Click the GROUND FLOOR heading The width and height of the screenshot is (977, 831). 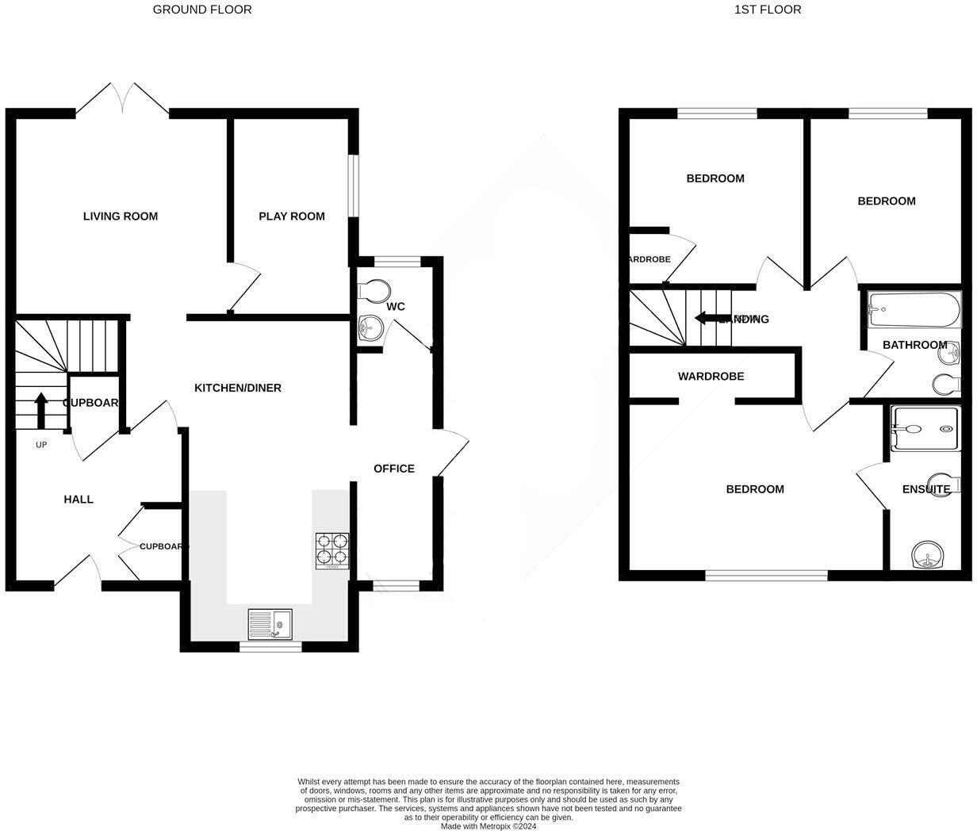[202, 10]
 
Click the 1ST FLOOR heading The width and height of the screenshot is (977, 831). [768, 10]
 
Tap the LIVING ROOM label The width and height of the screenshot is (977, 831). [121, 216]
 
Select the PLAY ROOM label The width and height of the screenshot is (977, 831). [292, 216]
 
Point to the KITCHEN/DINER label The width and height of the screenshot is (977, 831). [238, 388]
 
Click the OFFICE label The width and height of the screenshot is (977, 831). [394, 469]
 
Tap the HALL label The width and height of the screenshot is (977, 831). [79, 499]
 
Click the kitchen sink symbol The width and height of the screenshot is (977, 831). [270, 624]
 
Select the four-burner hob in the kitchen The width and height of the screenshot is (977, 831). [332, 550]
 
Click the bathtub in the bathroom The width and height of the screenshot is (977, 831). [914, 310]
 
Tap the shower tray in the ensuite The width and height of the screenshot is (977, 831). [925, 429]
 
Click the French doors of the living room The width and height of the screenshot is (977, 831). [123, 100]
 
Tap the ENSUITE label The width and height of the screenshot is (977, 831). [925, 489]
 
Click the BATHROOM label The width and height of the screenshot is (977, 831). [914, 345]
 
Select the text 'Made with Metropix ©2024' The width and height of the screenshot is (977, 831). [489, 826]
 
